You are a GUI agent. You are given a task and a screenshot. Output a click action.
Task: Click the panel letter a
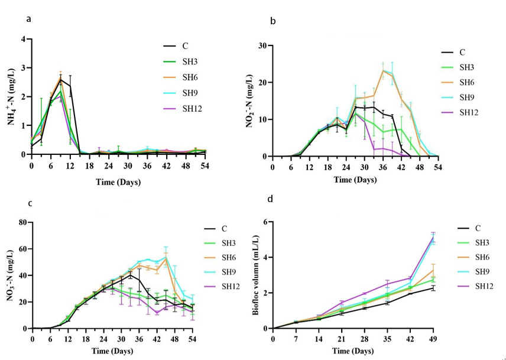(x=28, y=20)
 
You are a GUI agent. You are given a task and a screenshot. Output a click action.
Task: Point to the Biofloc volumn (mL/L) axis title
(x=255, y=275)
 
